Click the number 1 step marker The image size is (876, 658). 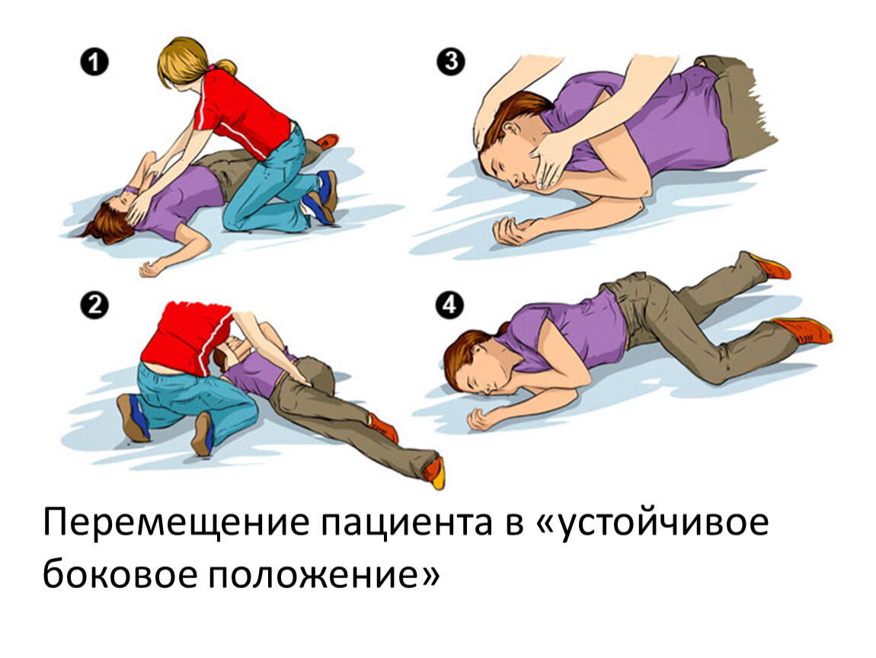(94, 62)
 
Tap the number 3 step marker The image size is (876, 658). (450, 62)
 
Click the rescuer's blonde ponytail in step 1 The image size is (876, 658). (226, 66)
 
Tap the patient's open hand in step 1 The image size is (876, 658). (150, 269)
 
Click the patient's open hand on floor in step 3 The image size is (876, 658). (511, 230)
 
